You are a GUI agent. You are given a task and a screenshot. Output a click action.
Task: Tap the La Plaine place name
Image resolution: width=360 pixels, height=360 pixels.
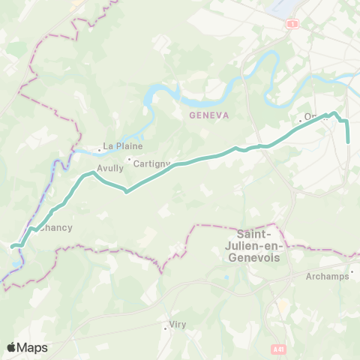(x=123, y=146)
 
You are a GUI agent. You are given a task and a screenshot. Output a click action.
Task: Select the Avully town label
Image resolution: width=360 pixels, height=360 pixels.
(x=110, y=169)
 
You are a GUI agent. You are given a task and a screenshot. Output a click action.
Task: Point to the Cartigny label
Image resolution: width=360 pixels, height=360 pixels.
(x=151, y=163)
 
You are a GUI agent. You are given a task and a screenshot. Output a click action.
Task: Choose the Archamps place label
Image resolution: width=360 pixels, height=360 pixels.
(x=328, y=276)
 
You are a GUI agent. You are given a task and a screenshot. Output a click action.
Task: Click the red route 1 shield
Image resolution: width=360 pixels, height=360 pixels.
(x=290, y=25)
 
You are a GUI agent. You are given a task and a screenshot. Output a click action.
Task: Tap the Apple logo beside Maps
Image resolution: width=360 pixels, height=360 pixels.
(x=11, y=347)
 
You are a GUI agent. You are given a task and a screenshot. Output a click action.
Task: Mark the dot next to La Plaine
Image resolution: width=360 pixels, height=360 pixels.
(x=99, y=149)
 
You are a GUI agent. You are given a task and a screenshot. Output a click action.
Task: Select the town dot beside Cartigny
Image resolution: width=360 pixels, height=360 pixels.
(x=129, y=159)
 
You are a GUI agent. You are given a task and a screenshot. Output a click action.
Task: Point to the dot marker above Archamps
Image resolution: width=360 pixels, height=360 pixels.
(x=352, y=271)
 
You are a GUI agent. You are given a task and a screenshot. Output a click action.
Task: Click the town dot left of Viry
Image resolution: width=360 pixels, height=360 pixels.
(x=166, y=327)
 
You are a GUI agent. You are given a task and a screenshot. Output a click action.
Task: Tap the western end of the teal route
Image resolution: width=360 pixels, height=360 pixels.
(x=13, y=245)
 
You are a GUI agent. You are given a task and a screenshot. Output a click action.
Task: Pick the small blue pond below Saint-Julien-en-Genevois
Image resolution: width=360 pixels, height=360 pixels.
(x=226, y=279)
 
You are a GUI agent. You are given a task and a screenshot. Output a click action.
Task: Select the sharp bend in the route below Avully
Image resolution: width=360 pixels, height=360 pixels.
(x=126, y=191)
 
